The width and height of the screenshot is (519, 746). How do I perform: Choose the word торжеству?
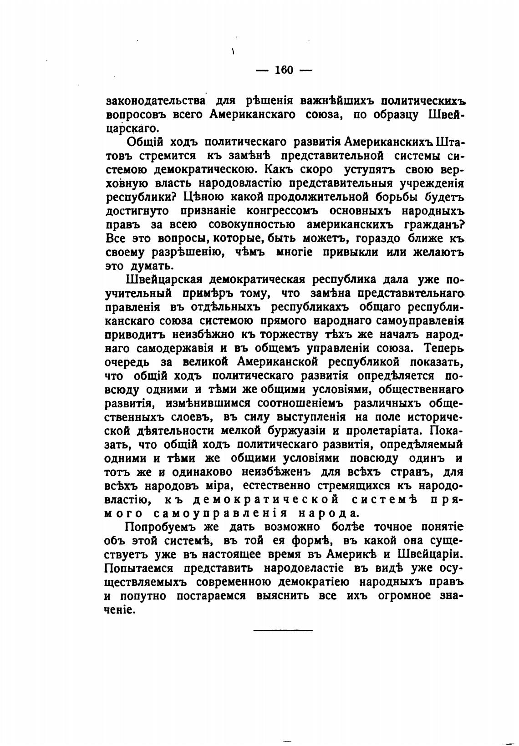click(x=298, y=335)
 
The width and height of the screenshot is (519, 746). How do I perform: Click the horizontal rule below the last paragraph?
click(x=283, y=630)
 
